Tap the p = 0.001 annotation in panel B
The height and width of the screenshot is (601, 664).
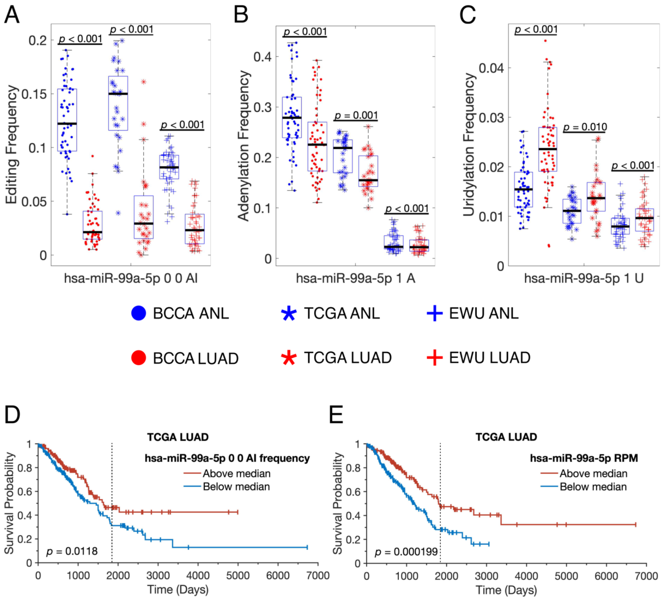tap(356, 116)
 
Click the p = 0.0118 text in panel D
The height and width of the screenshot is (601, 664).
tap(72, 551)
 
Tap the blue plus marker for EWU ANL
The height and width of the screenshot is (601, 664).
tap(434, 313)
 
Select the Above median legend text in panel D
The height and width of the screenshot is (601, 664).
tap(236, 473)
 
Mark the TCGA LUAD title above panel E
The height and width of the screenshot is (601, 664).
tap(506, 437)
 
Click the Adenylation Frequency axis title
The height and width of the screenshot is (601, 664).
tap(244, 145)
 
